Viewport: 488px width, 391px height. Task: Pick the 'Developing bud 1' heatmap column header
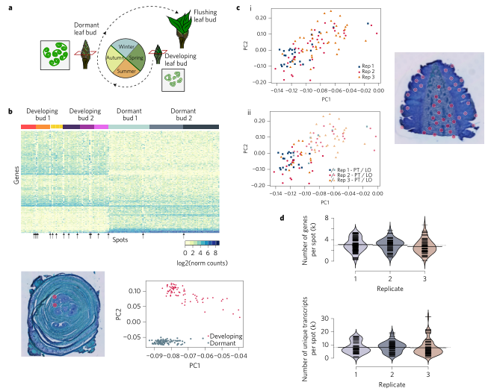40,115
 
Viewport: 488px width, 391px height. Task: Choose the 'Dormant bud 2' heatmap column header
182,115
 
